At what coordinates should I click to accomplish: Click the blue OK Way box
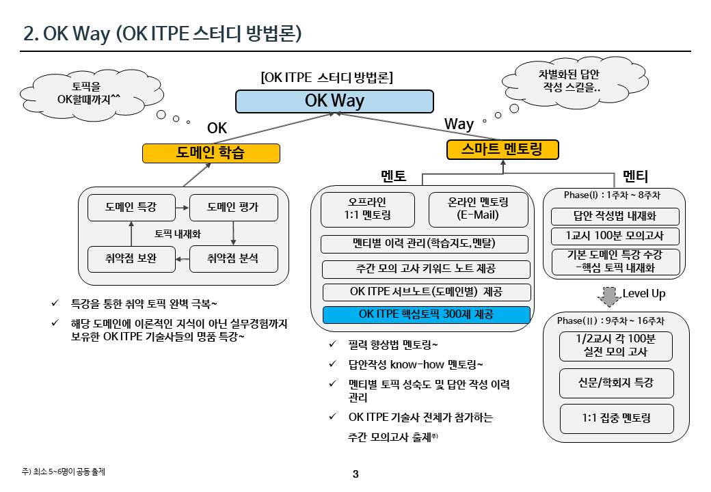point(334,101)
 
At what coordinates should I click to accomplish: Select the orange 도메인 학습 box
point(211,153)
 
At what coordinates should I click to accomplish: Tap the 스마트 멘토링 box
point(502,150)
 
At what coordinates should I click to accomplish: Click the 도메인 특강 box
point(131,207)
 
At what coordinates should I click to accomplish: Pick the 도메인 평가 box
point(233,207)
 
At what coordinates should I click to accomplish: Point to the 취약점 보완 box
point(131,259)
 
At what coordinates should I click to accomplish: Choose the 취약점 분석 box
point(233,259)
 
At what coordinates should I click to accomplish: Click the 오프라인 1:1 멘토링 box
point(368,209)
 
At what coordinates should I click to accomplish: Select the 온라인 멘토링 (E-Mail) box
point(478,209)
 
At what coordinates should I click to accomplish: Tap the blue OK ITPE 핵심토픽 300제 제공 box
point(426,315)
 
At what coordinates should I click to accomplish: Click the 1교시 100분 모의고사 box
point(615,236)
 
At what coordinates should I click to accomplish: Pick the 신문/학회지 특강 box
point(616,383)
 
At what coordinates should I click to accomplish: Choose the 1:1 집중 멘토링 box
point(616,418)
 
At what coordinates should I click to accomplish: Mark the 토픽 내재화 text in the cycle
point(178,233)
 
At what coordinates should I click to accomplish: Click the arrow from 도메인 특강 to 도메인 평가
point(181,207)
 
